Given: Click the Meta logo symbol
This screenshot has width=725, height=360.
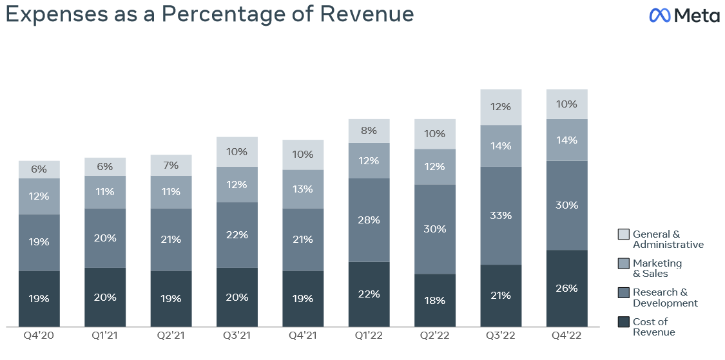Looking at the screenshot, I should point(661,15).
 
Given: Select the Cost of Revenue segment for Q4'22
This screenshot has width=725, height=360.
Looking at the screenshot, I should point(566,288).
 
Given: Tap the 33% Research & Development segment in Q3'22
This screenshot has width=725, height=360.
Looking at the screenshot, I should point(501,215).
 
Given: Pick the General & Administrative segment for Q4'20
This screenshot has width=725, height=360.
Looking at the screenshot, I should point(39,169).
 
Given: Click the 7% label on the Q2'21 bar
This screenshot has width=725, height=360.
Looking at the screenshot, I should point(171,166).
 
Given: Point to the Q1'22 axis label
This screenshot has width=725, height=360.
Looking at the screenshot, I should point(369,336).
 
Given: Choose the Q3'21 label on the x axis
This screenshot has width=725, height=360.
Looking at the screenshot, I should point(237,336).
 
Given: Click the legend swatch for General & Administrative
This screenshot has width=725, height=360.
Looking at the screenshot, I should point(623,234).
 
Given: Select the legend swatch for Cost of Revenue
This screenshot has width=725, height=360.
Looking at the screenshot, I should point(623,321).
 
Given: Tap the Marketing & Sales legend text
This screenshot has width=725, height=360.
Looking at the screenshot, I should point(657,268).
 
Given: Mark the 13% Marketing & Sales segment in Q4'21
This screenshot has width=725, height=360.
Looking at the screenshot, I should point(303,189).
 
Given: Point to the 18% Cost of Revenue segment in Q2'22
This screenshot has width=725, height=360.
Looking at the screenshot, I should point(434,300).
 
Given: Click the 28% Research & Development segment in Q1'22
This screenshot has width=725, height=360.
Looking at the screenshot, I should point(369,220).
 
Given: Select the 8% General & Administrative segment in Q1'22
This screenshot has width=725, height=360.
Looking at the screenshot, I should point(369,131).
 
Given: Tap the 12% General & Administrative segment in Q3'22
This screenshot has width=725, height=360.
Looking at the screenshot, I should point(501,107).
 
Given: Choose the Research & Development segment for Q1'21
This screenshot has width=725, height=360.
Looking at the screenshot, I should point(105,238).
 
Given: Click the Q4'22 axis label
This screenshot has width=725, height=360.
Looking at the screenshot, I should point(566,336).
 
